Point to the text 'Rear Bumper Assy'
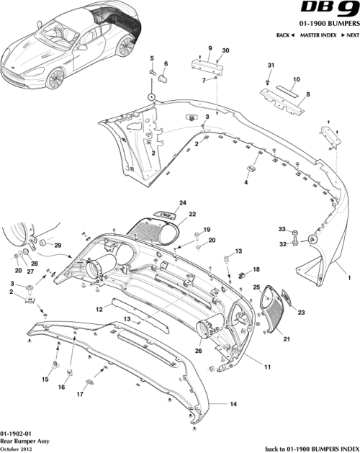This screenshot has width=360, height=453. tap(24, 439)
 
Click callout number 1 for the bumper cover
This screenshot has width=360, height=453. tap(349, 277)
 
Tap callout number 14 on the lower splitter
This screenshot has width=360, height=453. tap(233, 405)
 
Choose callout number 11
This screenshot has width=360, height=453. tap(266, 367)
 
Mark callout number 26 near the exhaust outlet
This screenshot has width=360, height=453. tap(197, 352)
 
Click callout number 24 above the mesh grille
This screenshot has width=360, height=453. tap(183, 202)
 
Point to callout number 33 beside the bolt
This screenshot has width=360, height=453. tap(282, 229)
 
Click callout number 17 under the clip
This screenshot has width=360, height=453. tap(79, 395)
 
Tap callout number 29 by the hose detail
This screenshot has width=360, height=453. tap(58, 246)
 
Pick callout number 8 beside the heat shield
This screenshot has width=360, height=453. tap(307, 94)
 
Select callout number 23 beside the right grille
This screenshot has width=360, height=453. tap(301, 313)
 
